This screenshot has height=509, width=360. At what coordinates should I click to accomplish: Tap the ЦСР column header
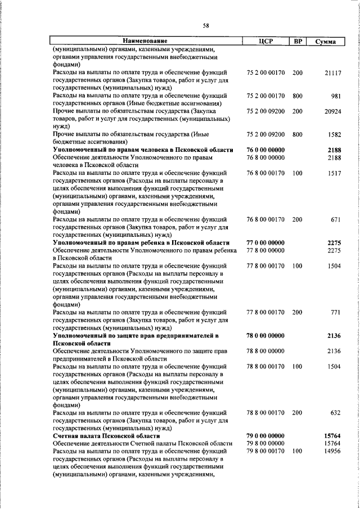point(265,41)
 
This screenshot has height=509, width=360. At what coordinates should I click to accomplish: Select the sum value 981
point(336,96)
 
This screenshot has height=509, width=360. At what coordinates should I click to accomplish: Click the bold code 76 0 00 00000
point(265,150)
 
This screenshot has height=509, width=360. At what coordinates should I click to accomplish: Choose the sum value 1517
point(334,174)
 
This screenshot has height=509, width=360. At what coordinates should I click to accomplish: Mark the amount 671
point(336,219)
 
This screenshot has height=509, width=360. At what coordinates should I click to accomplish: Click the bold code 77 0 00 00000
point(265,242)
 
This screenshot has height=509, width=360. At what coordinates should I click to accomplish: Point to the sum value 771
point(336,312)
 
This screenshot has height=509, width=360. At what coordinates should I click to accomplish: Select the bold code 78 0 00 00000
point(265,335)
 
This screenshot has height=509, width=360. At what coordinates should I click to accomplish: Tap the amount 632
point(336,412)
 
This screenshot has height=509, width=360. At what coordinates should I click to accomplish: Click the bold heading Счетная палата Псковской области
point(106,436)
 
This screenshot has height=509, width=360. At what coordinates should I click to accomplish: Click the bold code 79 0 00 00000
point(265,436)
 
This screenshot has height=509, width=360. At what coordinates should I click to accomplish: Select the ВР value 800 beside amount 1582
point(298,135)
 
